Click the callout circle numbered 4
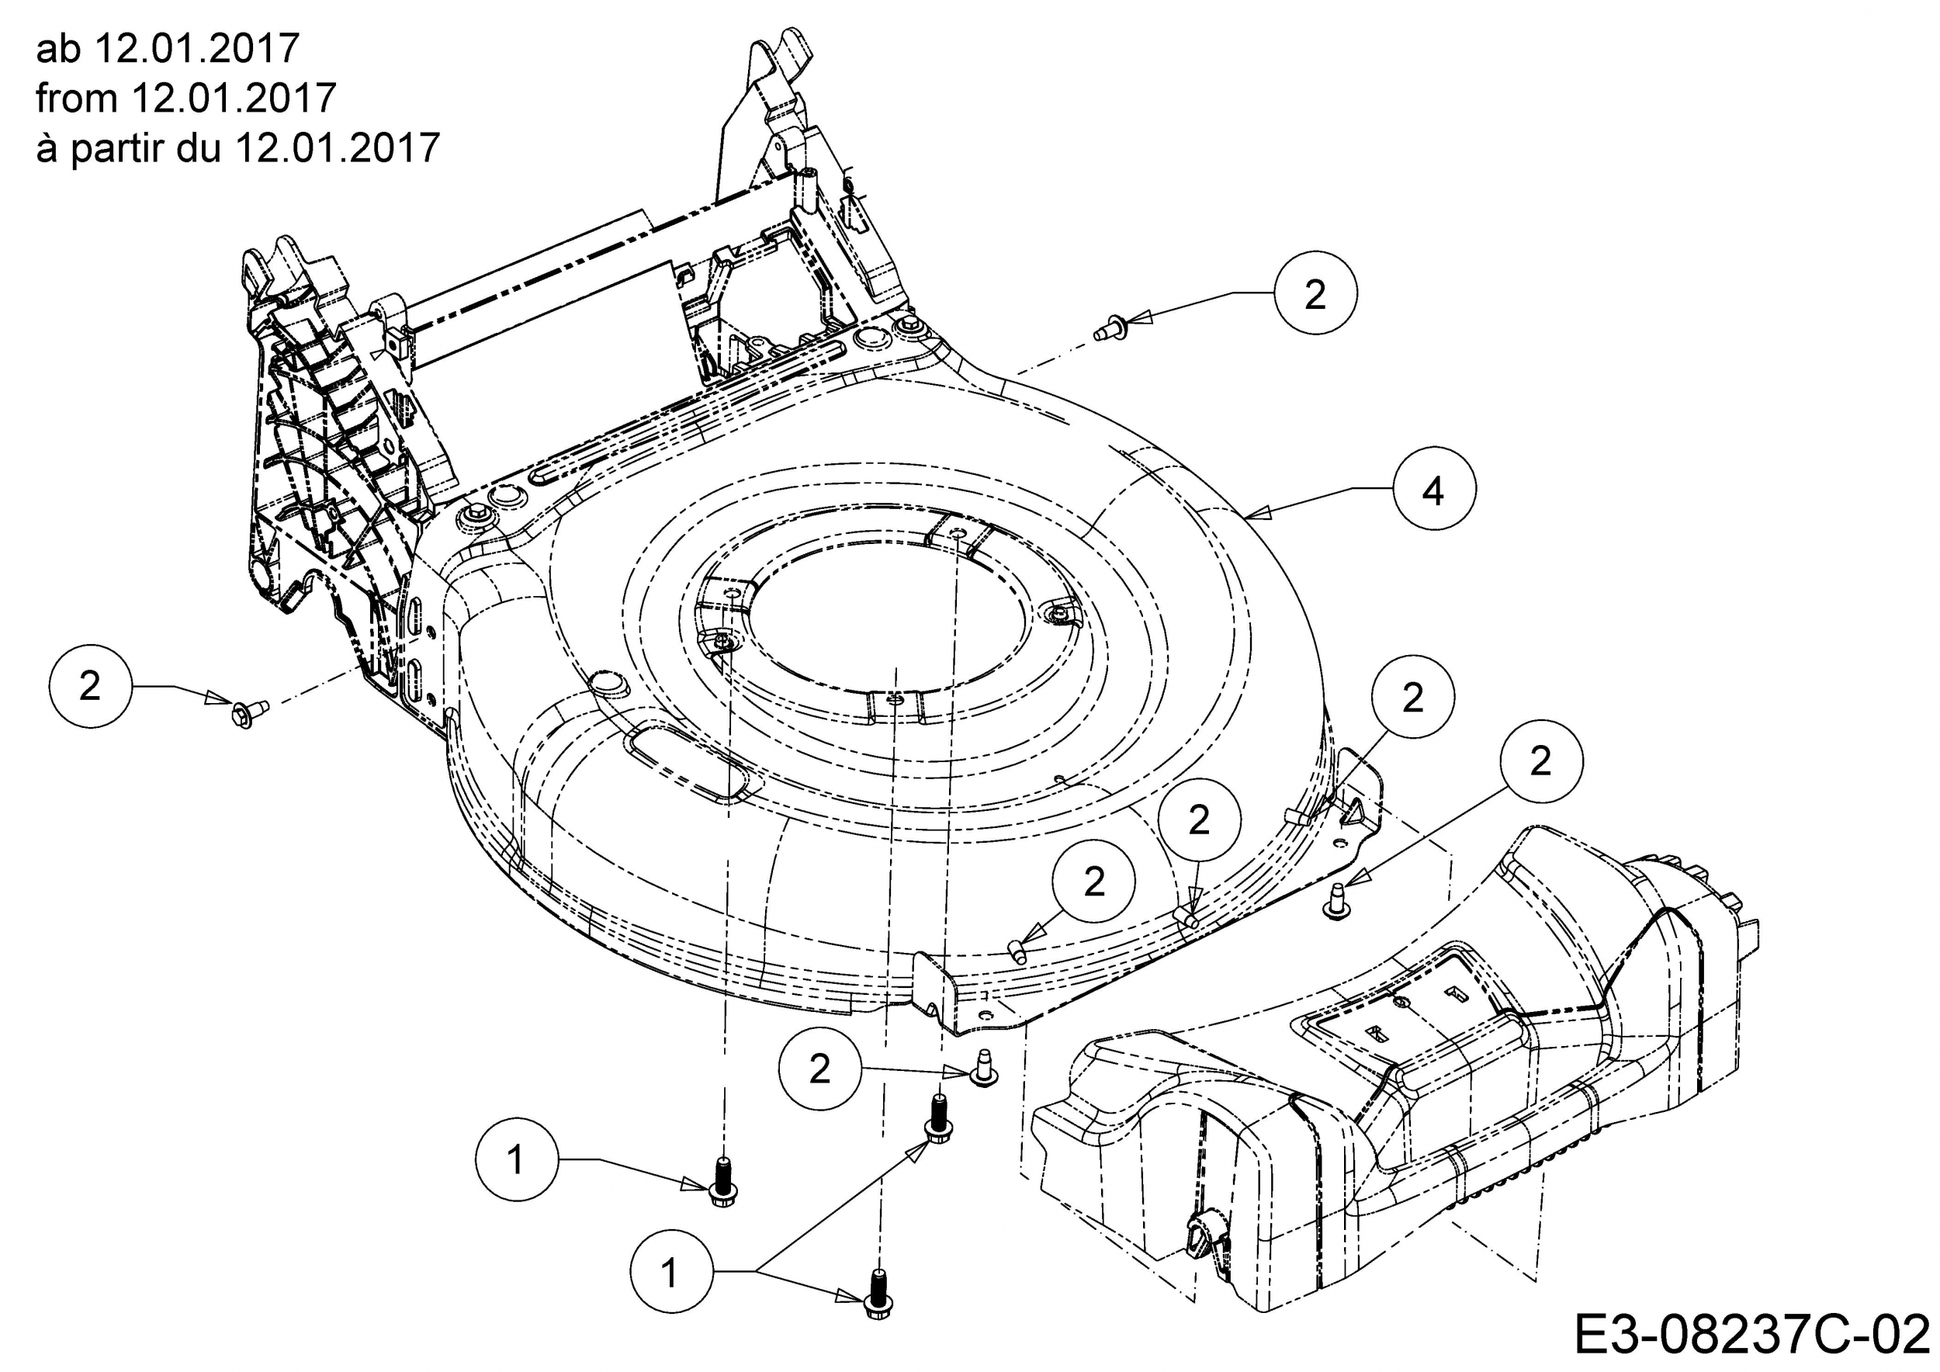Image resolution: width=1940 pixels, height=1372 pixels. pos(1435,490)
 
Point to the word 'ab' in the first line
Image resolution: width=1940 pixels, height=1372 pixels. pos(57,48)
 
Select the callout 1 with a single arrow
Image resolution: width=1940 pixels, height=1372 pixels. pos(517,1159)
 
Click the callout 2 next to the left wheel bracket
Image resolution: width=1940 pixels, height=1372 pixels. pos(91,686)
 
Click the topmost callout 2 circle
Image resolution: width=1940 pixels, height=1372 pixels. pos(1316,293)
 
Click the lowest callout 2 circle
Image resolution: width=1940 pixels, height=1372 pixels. pos(820,1069)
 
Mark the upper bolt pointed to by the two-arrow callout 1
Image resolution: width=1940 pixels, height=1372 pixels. pos(937,1117)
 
